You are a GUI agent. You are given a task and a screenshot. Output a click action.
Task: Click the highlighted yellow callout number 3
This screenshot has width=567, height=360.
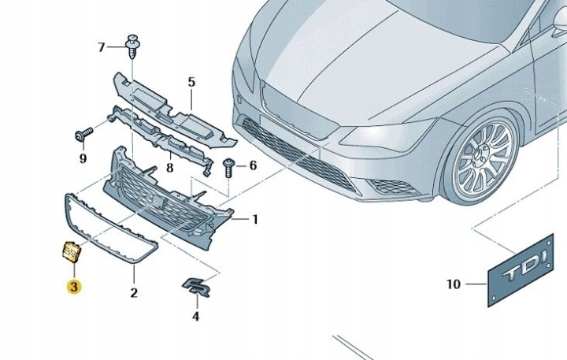click(74, 287)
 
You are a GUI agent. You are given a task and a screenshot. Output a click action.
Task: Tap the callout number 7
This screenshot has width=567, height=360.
click(102, 47)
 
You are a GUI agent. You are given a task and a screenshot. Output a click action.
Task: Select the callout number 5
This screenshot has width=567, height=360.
click(191, 82)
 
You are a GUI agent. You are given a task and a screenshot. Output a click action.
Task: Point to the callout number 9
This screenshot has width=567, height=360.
click(83, 158)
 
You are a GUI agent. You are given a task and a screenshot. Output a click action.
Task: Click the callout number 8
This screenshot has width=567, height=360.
click(169, 168)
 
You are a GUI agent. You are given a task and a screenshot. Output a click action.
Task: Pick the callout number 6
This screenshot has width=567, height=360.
click(253, 165)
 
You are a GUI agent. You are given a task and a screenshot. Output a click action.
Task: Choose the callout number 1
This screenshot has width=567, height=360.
click(255, 219)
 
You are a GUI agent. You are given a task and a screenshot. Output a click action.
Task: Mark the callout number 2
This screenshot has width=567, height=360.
click(134, 293)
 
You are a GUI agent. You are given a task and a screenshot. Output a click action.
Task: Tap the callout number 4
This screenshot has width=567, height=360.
click(195, 317)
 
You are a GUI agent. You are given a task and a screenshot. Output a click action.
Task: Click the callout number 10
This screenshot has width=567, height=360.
click(454, 284)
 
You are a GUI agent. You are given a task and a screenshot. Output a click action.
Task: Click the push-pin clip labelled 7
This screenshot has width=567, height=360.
click(133, 46)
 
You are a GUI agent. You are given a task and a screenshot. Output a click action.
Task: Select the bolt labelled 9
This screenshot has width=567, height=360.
click(84, 134)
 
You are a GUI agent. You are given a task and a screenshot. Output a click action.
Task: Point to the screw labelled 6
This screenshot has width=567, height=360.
click(228, 168)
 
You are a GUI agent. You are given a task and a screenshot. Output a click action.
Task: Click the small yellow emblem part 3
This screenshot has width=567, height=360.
click(71, 251)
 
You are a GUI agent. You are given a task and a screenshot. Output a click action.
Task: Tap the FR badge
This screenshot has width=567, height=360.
click(196, 288)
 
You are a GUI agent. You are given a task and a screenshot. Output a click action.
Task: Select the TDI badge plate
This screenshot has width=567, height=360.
click(521, 270)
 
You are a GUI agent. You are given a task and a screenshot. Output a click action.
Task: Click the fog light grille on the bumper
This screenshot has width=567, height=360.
click(392, 187)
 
